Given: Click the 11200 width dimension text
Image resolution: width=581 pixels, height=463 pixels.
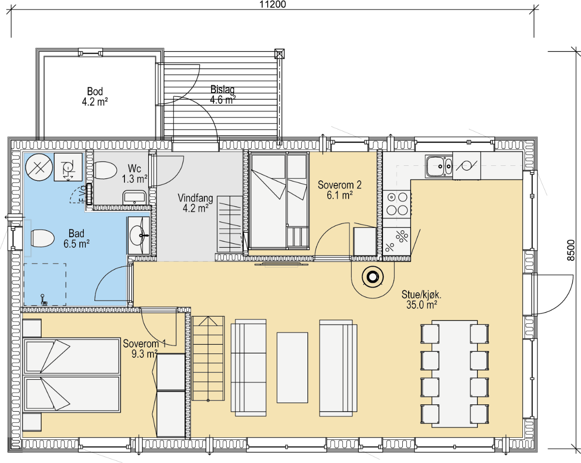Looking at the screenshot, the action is (x=273, y=4).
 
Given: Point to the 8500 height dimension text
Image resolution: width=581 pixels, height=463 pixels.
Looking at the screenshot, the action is (x=571, y=250).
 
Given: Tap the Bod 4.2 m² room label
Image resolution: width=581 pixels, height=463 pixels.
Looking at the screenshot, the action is (x=95, y=96).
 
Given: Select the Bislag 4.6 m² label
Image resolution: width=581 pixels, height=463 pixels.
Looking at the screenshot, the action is (x=223, y=95).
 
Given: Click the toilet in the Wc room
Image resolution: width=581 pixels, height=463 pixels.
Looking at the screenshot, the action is (x=105, y=170).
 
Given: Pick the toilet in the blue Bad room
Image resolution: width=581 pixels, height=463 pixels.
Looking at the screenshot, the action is (x=43, y=238).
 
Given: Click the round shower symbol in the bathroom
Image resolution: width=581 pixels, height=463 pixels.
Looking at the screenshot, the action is (x=39, y=167).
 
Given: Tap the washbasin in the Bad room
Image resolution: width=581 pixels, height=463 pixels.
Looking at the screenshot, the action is (x=139, y=235).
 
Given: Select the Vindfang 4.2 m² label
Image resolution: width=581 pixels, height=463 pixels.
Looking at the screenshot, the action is (x=195, y=203).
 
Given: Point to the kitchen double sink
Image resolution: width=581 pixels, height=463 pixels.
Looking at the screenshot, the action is (x=439, y=166).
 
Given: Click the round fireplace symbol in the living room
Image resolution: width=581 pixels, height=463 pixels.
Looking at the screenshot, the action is (x=373, y=277).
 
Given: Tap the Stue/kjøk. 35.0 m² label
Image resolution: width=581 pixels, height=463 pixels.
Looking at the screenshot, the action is (x=421, y=300).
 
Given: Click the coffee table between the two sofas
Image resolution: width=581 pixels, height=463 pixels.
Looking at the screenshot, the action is (x=292, y=367).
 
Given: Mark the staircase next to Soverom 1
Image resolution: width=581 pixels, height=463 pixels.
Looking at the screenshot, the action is (x=208, y=358).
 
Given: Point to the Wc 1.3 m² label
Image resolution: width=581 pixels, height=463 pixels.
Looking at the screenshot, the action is (x=135, y=174).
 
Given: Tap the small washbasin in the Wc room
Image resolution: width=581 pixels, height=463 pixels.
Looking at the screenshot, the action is (x=135, y=197).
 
